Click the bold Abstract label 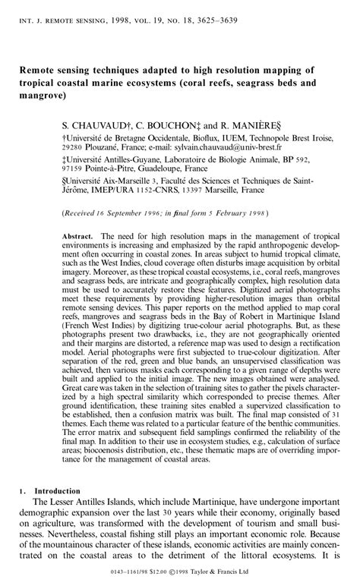click(78, 236)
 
